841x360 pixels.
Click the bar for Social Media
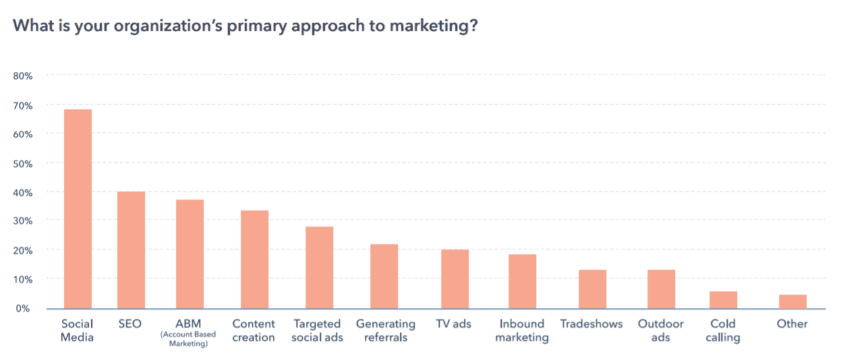point(78,209)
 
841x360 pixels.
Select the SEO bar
point(131,250)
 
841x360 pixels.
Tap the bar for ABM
point(190,254)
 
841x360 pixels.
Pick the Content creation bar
point(254,260)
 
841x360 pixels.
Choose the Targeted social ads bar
point(319,268)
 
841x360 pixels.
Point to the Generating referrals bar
point(384,276)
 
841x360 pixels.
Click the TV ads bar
point(455,279)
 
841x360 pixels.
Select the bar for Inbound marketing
point(522,282)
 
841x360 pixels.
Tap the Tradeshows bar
point(592,289)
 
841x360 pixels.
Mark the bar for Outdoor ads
point(661,289)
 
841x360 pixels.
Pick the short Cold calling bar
point(723,300)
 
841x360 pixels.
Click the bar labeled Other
point(792,301)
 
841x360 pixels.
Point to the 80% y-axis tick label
point(23,76)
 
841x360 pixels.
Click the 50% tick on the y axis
point(23,163)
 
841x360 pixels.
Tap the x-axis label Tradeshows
point(591,324)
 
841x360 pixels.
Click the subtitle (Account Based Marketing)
point(189,339)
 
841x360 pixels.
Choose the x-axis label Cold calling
point(723,330)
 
